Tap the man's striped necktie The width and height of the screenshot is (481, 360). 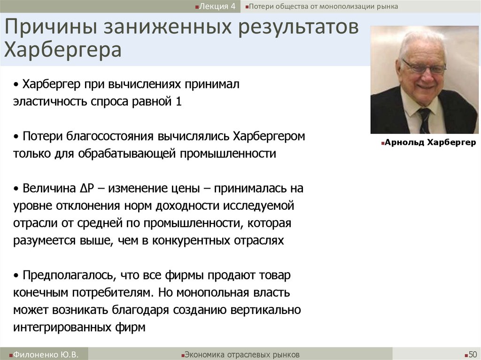point(425,120)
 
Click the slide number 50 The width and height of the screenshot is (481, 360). point(472,354)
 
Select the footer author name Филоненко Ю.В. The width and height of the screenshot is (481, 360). point(45,354)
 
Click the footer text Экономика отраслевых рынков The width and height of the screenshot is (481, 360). point(242,354)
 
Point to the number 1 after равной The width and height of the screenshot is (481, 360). point(178,102)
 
